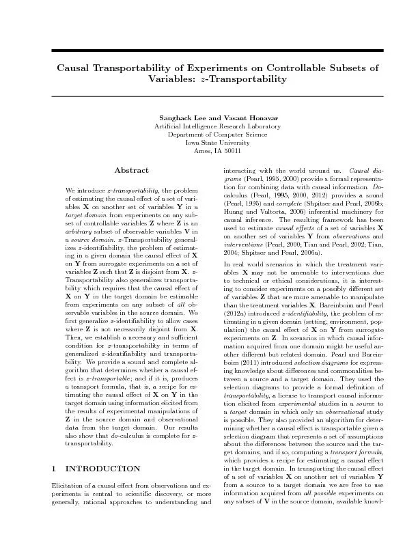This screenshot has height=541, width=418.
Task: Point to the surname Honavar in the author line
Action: pos(244,119)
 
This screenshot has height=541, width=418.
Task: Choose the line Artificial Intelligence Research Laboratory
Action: pos(209,127)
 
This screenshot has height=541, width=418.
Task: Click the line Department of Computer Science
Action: pos(209,135)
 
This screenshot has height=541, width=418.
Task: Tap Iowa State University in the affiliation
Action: pos(209,143)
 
